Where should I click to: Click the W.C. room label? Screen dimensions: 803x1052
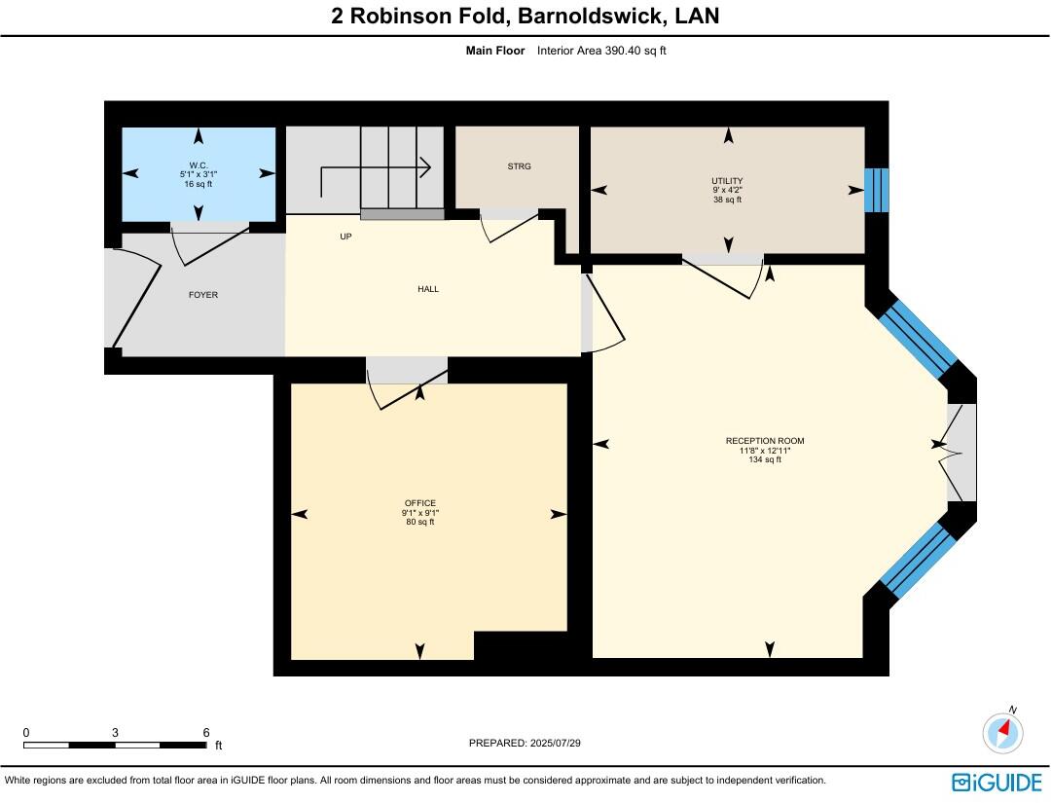[200, 164]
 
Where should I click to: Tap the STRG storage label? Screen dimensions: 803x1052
[519, 166]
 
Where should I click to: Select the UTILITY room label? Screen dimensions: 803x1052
[727, 181]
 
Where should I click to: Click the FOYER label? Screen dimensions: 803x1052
[203, 295]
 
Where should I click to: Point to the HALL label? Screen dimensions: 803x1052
[428, 289]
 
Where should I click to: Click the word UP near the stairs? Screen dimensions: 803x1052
[345, 236]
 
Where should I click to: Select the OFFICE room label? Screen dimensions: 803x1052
[420, 503]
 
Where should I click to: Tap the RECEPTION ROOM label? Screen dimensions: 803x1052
[765, 441]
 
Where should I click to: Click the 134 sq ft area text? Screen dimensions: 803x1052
[765, 459]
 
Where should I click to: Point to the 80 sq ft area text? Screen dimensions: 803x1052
[420, 522]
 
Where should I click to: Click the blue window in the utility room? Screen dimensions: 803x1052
[876, 190]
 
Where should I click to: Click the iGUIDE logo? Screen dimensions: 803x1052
[997, 782]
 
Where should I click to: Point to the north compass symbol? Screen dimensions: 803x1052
[1002, 731]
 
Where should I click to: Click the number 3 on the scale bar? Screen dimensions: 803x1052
[115, 732]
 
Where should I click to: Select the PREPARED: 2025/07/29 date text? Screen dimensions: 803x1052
[525, 743]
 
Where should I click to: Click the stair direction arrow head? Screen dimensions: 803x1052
[425, 166]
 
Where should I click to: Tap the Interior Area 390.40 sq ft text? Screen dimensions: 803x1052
[601, 51]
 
